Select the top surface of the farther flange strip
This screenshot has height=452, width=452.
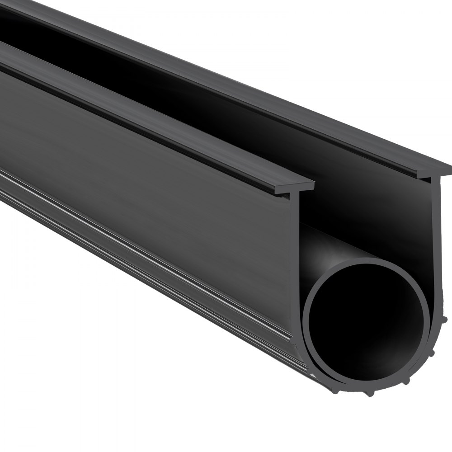(226, 81)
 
